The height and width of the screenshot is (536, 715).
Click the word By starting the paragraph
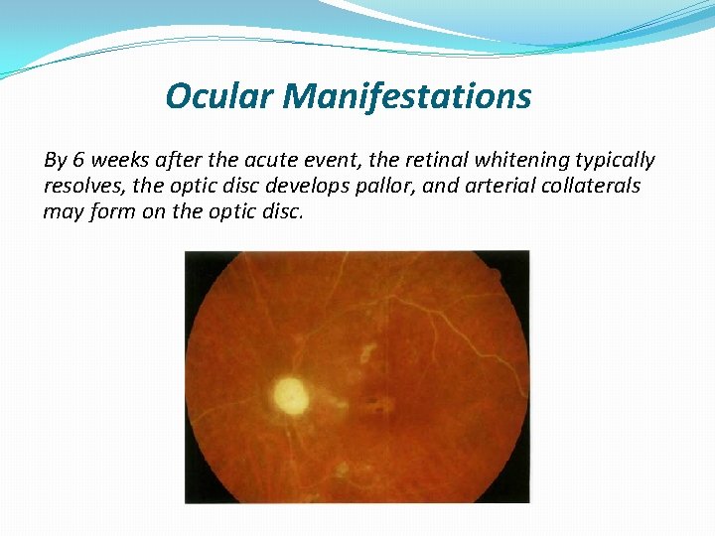tap(54, 160)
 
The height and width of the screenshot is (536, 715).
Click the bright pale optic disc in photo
tap(291, 395)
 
